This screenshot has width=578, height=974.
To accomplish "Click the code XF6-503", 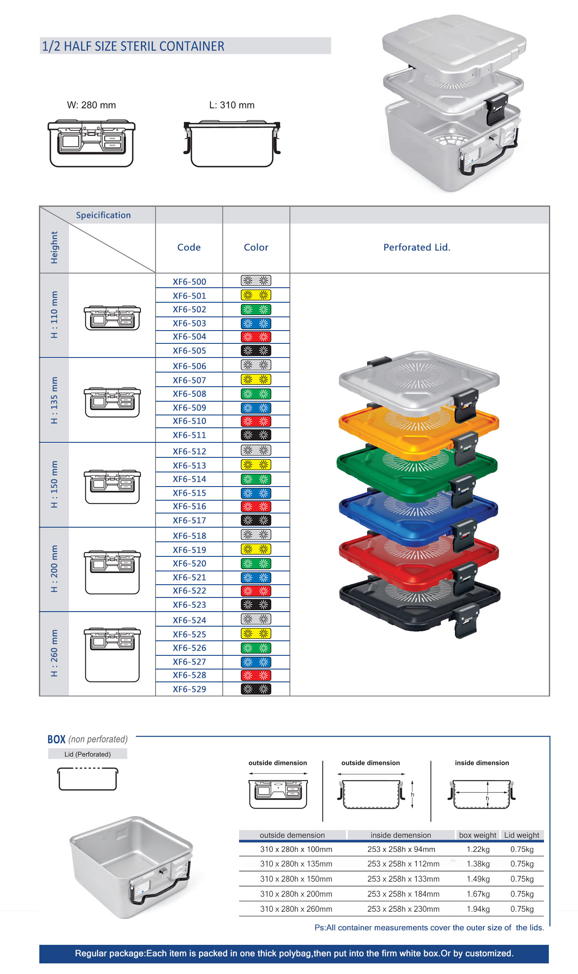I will click(189, 323).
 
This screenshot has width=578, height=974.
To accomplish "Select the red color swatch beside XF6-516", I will click(256, 506).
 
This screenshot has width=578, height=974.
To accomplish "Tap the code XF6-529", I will click(189, 689).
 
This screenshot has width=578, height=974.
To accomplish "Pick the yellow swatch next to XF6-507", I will click(256, 380).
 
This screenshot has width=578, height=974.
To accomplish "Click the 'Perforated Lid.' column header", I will click(417, 247).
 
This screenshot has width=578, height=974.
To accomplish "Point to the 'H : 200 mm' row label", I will click(54, 569).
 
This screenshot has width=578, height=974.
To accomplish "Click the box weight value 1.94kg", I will click(478, 909).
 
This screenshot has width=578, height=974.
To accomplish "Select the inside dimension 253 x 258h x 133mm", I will click(403, 879).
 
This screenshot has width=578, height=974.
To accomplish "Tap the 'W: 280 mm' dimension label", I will click(91, 105).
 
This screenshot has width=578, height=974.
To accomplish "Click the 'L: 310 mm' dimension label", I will click(232, 105).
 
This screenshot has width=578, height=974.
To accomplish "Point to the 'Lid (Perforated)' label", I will click(87, 754).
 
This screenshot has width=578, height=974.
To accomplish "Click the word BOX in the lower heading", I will click(56, 739).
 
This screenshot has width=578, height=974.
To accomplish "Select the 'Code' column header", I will click(189, 247).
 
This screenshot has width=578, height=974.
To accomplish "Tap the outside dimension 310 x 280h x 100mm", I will click(296, 849).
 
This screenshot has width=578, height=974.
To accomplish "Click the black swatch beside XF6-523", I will click(256, 605).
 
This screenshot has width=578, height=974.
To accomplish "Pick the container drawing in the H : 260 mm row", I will click(112, 654).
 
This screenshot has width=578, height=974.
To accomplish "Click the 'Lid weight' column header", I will click(521, 835).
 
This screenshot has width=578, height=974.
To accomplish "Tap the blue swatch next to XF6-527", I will click(256, 662).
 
